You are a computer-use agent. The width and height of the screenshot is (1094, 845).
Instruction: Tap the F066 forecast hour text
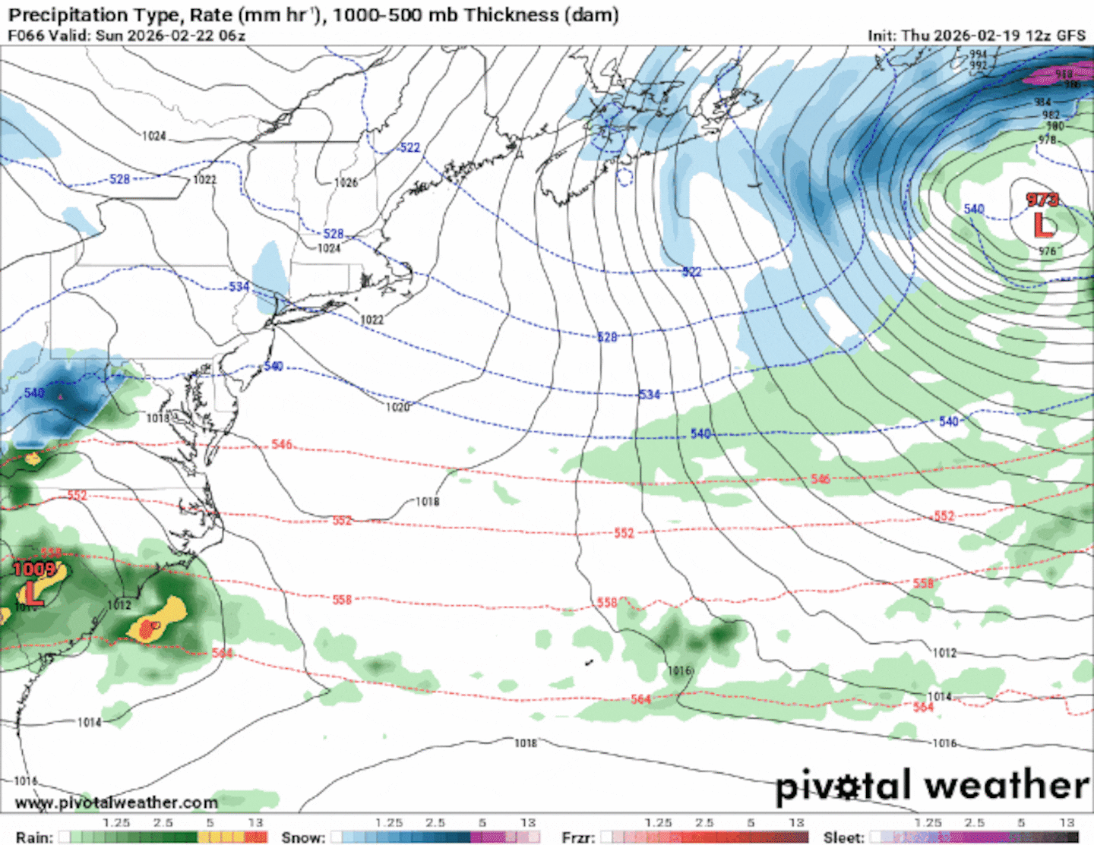click(x=24, y=35)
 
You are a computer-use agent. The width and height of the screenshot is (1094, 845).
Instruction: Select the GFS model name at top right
click(x=1071, y=35)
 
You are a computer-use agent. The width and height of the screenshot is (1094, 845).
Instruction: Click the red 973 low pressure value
click(x=1042, y=200)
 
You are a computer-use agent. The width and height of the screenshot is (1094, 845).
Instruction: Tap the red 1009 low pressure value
click(x=34, y=569)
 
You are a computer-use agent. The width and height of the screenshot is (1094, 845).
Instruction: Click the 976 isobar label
click(x=1047, y=251)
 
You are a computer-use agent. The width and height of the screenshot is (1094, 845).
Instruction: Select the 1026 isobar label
click(x=346, y=182)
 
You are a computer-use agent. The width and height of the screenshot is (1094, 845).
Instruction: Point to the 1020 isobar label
click(x=397, y=408)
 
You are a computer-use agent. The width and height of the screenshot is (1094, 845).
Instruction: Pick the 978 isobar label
click(x=1047, y=140)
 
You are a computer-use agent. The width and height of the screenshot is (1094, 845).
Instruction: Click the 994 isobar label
click(x=978, y=55)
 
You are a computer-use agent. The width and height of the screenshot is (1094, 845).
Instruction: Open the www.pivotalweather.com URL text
click(x=116, y=802)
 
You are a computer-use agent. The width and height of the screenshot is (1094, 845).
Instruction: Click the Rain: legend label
click(x=34, y=837)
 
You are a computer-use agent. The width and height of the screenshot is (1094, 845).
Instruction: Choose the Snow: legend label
click(x=302, y=837)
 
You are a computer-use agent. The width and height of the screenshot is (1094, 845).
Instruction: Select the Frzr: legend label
click(x=578, y=837)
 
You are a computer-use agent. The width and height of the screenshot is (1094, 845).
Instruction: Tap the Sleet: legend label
click(x=843, y=837)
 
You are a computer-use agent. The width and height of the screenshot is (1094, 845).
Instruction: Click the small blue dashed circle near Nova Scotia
click(x=624, y=178)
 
